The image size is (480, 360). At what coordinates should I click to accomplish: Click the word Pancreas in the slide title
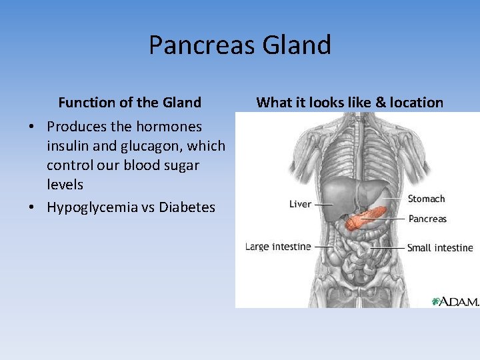pos(202,45)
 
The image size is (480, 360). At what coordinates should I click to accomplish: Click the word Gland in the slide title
pos(297,45)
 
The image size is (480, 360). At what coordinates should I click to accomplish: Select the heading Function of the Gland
pos(129,103)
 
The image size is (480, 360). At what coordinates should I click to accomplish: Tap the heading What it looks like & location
pos(349,103)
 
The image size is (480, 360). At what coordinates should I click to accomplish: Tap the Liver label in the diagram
pos(300,204)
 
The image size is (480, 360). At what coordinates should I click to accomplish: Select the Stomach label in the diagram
pos(426,199)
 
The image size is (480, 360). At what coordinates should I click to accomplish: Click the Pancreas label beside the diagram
pos(427,219)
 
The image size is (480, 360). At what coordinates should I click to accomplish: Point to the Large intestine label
pos(278,247)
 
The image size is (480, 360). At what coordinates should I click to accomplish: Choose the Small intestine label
pos(440,248)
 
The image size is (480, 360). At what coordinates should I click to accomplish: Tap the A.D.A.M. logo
pos(455,301)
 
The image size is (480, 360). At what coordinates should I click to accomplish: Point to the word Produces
pos(77,127)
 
